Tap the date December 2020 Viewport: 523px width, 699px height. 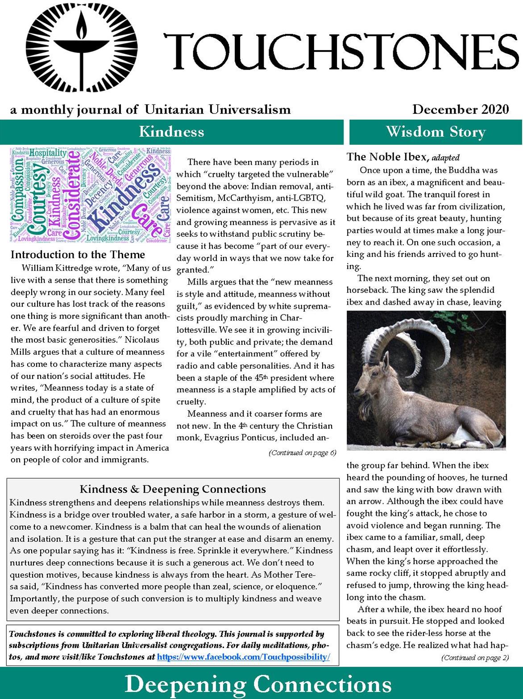(x=460, y=109)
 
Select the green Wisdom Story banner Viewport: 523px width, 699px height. (x=436, y=132)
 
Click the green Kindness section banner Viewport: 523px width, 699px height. (x=171, y=132)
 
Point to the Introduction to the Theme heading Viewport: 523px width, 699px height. (x=78, y=255)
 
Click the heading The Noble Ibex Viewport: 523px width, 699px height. (x=388, y=157)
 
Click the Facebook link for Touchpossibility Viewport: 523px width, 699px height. (x=243, y=657)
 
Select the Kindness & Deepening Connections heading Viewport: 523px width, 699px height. (x=173, y=489)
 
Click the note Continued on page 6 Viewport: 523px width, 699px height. (x=302, y=453)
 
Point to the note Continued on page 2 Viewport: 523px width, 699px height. (x=475, y=657)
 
